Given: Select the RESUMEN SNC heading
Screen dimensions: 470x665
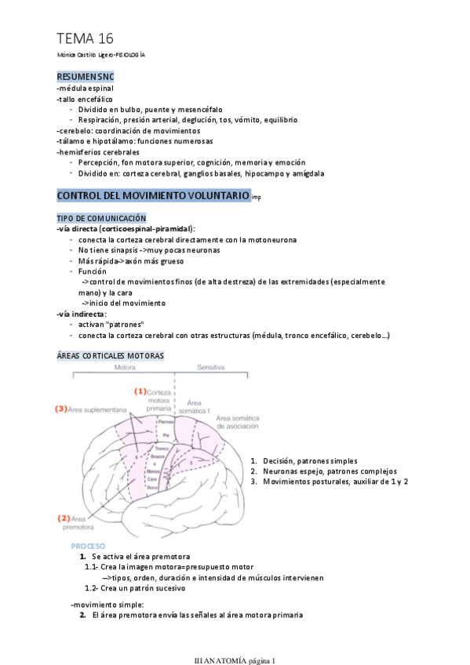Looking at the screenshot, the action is coord(86,77).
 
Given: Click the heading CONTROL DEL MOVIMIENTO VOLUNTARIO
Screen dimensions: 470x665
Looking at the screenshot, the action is coord(153,194).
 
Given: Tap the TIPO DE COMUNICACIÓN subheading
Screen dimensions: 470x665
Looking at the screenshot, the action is coord(101,217).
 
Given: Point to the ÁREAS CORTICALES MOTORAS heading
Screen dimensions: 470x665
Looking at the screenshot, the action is coord(111,355).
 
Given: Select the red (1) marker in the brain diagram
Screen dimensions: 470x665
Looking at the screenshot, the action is coord(140,391).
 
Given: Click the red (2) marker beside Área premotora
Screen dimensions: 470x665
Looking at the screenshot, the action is coord(64,518).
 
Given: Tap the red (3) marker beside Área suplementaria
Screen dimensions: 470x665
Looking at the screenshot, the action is coord(60,409).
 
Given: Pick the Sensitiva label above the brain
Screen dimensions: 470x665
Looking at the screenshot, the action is coord(212,367).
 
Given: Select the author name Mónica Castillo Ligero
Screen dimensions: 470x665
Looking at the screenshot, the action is coord(85,56).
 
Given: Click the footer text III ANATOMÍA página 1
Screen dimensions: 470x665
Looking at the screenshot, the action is coord(235,659).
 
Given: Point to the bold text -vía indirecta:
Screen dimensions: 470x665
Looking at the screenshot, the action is coord(82,314).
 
